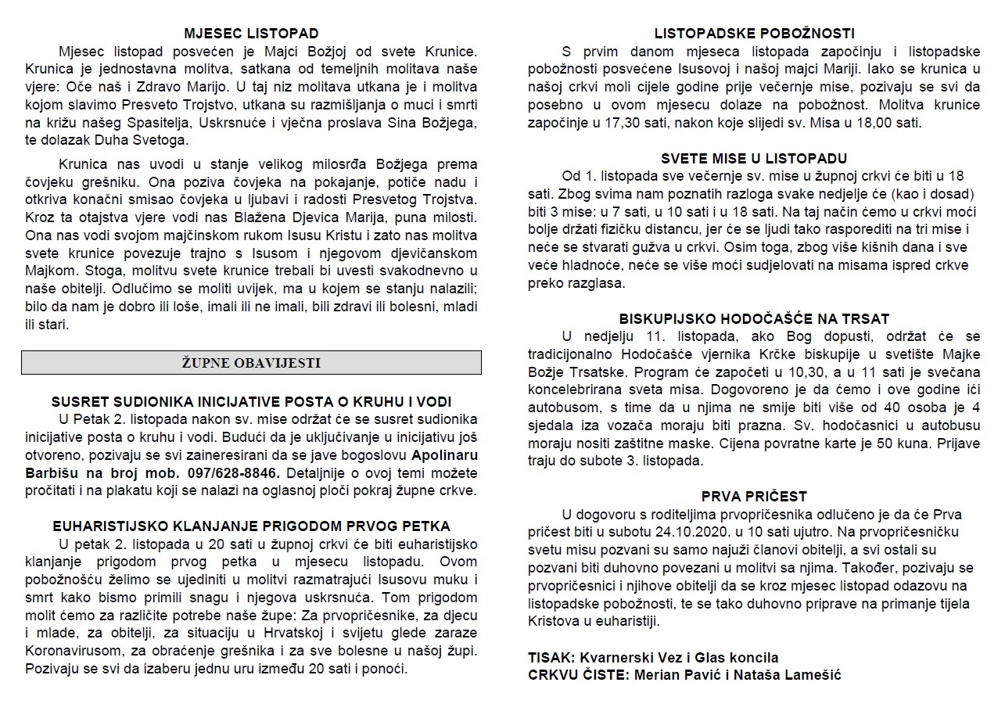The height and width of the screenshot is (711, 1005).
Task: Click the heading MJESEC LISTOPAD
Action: (251, 34)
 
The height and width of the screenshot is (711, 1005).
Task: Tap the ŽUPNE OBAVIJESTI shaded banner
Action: (251, 363)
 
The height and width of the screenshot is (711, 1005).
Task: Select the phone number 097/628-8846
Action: (235, 473)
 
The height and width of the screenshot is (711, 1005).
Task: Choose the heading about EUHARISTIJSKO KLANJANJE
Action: (251, 526)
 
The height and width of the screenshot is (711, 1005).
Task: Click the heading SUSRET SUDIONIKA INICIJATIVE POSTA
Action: (251, 401)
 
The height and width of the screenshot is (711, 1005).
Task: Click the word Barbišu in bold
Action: (51, 473)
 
